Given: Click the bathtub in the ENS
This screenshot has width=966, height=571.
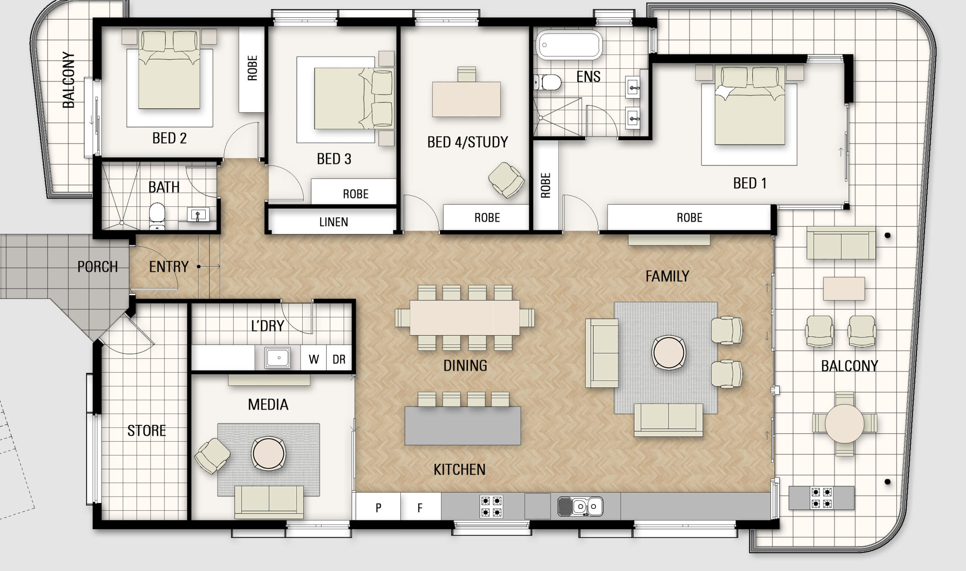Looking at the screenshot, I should (569, 45).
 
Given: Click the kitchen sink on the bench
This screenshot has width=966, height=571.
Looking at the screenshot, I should (581, 506).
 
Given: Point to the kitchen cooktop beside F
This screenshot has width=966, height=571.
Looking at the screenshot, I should (491, 506).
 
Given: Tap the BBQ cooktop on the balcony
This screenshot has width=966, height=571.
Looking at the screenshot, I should (821, 497).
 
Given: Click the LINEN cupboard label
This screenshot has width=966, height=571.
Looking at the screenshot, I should (334, 222).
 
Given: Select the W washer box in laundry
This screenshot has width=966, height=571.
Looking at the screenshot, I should (314, 359).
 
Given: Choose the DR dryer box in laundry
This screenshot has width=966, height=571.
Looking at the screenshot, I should (339, 359).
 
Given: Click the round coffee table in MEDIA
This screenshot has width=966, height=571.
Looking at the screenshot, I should (269, 453).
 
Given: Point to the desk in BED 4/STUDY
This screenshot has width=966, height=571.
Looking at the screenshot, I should (466, 99).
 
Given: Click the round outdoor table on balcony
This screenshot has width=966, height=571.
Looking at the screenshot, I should (844, 423).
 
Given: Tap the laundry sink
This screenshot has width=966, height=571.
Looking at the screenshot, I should (278, 357).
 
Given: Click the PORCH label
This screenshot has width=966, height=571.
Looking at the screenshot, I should (97, 267).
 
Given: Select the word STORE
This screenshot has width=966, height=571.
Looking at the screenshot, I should (146, 431).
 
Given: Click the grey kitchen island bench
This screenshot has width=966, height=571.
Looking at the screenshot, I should (462, 426).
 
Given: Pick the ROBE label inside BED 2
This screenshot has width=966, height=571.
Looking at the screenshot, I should (252, 68).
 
